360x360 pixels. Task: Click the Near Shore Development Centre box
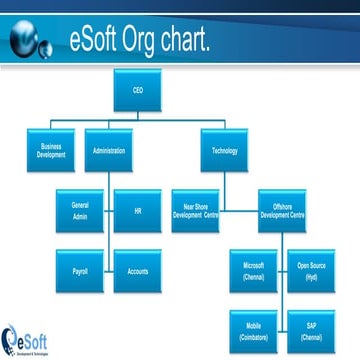point(195,216)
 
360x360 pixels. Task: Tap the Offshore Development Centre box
point(282,216)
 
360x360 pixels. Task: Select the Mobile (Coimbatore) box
point(253,327)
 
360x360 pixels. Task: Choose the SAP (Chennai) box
point(311,327)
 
